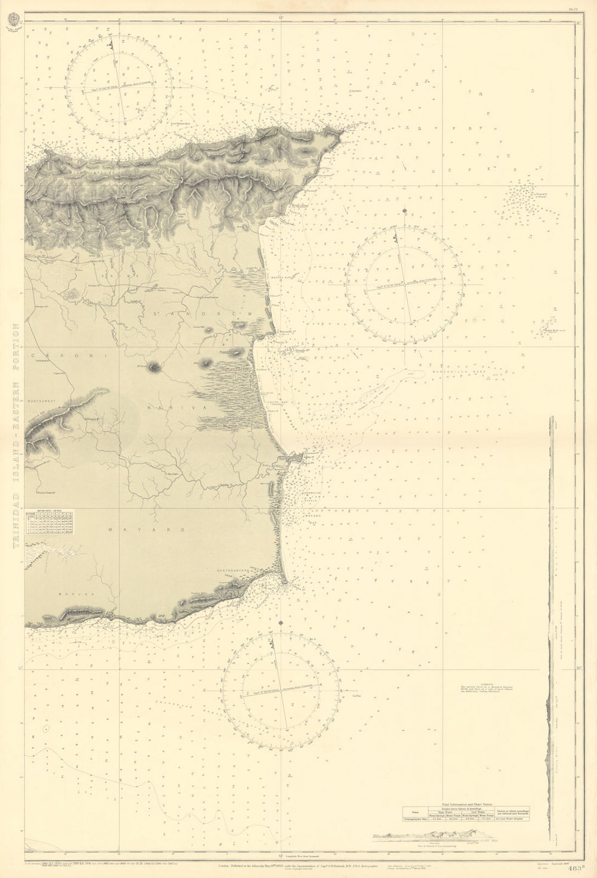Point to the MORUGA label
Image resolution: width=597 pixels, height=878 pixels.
pyautogui.click(x=69, y=594)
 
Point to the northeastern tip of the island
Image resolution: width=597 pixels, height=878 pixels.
pyautogui.click(x=343, y=132)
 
